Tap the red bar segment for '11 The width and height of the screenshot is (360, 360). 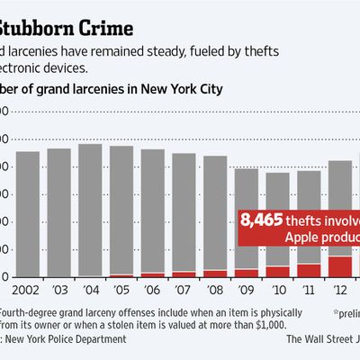[309, 270]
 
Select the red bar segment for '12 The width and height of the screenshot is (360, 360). [340, 266]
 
